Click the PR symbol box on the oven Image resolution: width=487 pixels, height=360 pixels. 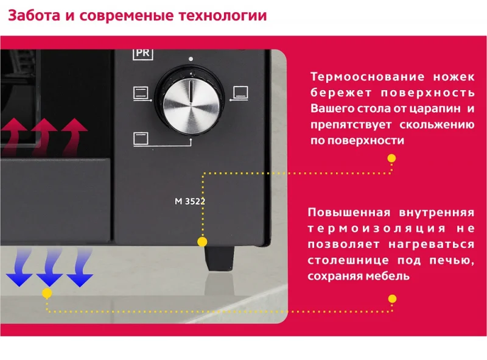142,53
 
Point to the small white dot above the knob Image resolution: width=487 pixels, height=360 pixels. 191,59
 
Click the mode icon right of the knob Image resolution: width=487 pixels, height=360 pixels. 240,93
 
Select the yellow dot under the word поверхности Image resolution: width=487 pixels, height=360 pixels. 391,158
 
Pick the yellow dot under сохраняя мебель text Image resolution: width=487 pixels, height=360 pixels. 392,299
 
